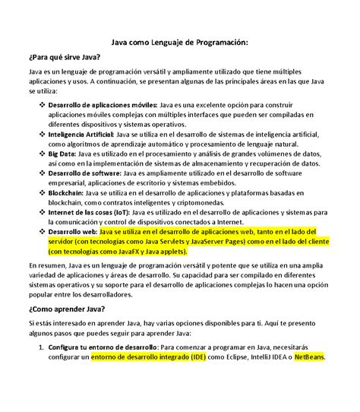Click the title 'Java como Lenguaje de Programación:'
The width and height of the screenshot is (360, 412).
coord(179,45)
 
